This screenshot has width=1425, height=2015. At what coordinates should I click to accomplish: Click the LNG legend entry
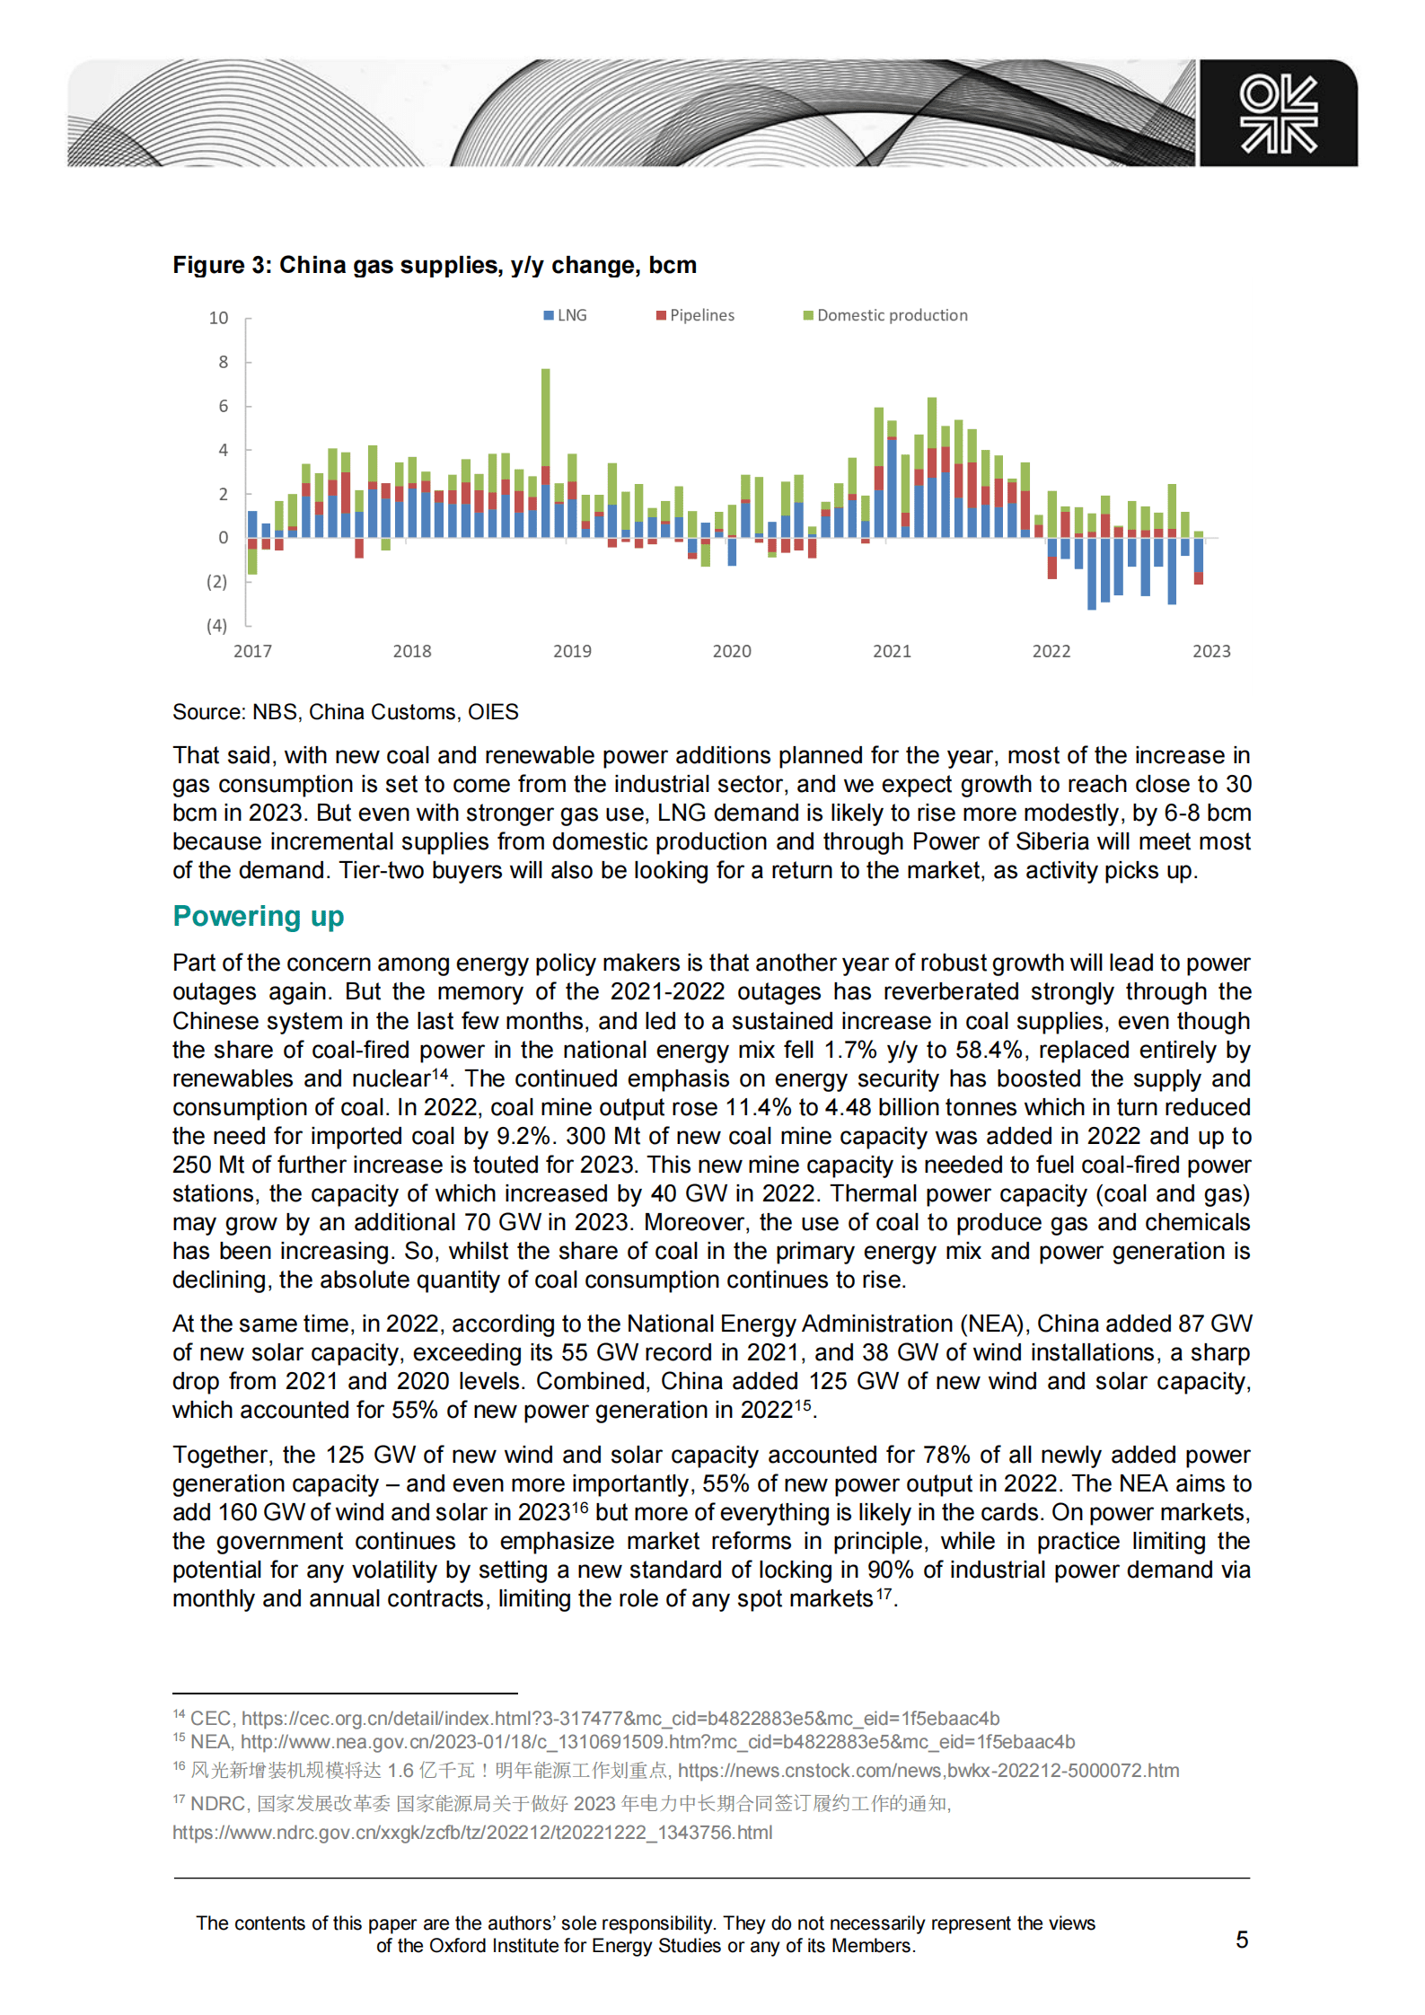pos(566,315)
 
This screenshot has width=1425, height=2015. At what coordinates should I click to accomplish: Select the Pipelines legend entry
pos(696,315)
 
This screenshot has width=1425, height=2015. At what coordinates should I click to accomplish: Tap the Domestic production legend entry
pos(886,315)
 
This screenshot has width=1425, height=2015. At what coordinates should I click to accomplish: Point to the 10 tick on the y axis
pos(218,318)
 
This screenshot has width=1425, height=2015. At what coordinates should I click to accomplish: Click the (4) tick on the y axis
pos(216,625)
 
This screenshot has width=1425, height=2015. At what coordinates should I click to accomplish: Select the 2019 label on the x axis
pos(572,651)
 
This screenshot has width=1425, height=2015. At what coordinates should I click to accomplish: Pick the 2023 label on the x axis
pos(1210,651)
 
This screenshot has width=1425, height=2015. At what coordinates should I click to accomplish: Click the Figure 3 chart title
pos(435,265)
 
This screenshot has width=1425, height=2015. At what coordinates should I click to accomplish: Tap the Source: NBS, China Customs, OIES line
pos(346,712)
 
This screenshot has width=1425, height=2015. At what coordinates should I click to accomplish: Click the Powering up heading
pos(259,916)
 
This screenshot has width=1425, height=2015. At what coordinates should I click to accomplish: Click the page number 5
pos(1242,1940)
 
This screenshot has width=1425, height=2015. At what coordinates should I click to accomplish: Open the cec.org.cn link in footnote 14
pos(620,1718)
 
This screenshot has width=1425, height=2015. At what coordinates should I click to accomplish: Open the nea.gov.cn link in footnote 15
pos(657,1742)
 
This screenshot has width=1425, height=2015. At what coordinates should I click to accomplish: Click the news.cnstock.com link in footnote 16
pos(928,1770)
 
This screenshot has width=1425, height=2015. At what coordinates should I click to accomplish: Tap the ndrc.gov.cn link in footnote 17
pos(472,1832)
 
